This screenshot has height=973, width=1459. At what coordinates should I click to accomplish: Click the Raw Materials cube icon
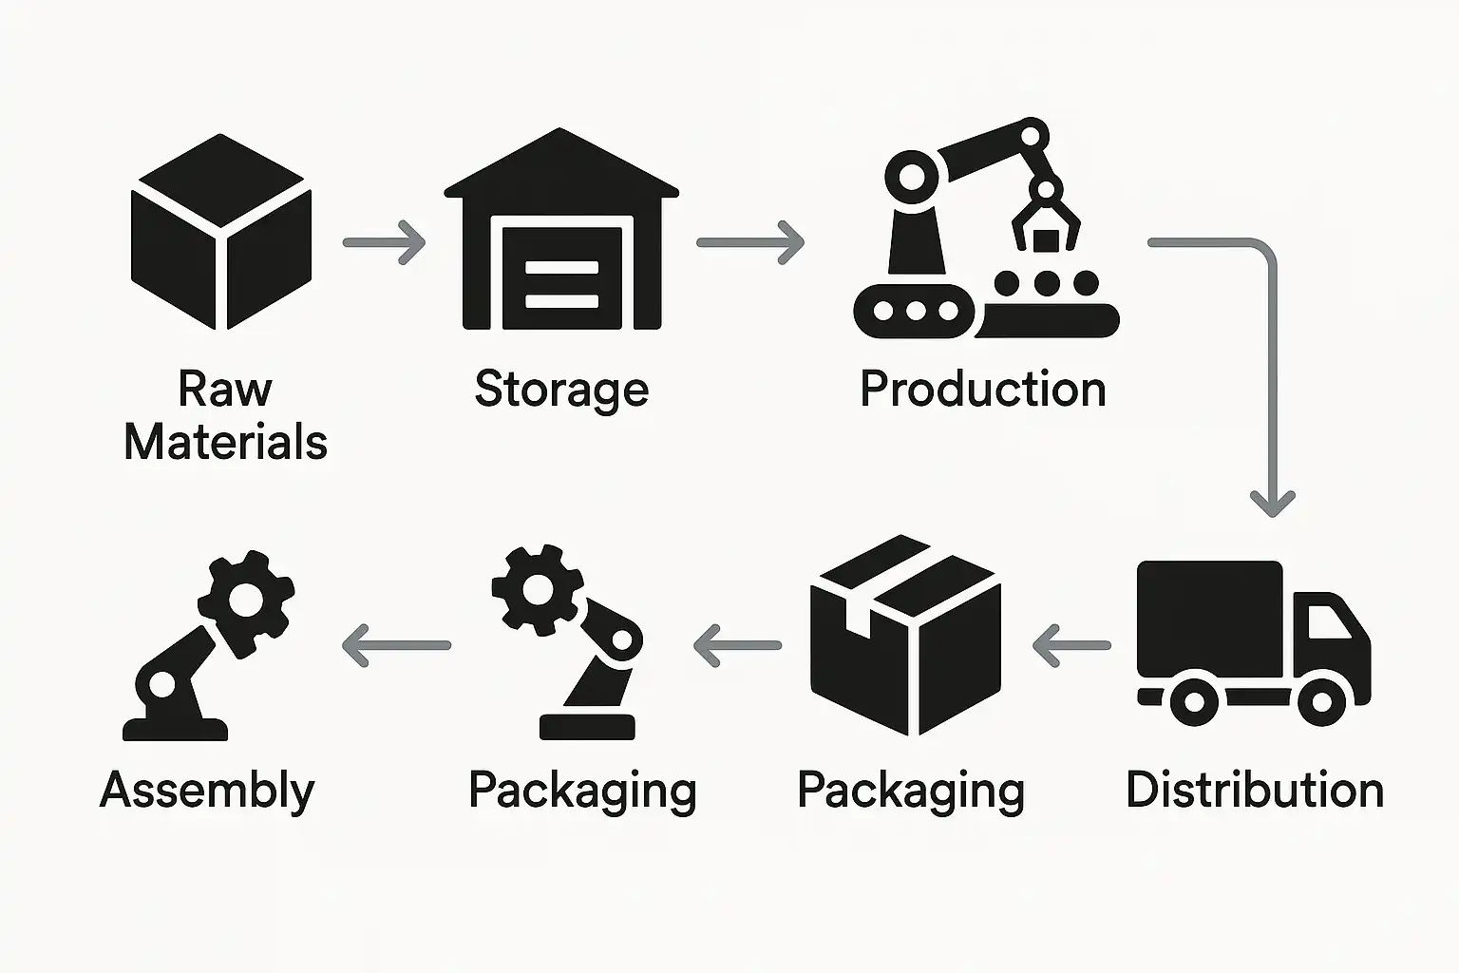(221, 233)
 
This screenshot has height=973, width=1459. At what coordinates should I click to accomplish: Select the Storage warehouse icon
(561, 233)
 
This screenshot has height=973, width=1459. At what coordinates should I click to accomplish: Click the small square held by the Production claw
(1046, 239)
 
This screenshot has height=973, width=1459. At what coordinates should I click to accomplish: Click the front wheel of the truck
(1320, 701)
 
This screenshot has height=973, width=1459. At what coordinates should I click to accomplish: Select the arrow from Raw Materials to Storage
(384, 242)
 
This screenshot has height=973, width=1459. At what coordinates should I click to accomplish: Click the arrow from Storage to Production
(750, 242)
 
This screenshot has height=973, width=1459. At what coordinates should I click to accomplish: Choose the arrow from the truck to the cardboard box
(1071, 645)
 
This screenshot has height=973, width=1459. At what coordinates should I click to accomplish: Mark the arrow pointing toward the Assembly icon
(396, 645)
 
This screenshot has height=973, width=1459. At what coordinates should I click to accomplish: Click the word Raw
(225, 390)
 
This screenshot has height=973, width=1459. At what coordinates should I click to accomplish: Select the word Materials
(226, 443)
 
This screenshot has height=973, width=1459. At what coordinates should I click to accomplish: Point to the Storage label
(561, 390)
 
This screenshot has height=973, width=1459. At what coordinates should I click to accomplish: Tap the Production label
(983, 390)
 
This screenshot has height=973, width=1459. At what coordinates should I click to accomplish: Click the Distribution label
(1254, 791)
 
